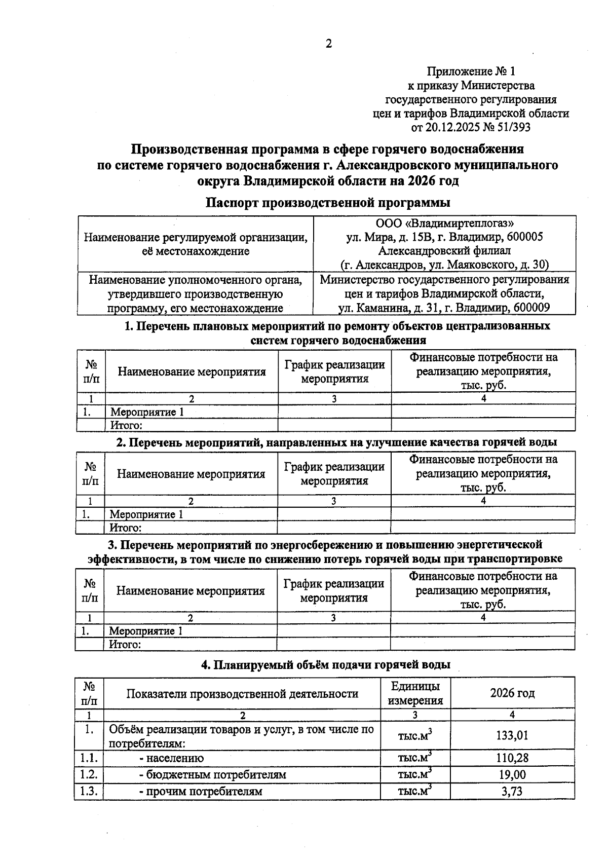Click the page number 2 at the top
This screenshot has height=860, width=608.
pos(328,44)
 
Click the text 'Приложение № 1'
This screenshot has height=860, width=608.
pos(471,71)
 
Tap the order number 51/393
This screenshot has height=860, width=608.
pos(512,127)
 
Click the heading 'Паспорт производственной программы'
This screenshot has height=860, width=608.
pos(328,203)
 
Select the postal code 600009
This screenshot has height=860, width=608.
pos(531,308)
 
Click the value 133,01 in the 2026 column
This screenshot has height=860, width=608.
pos(512,735)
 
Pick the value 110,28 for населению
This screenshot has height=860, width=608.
pos(512,758)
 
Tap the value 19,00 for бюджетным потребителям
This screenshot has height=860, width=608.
pos(512,774)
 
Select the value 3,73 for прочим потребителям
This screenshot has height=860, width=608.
pos(512,791)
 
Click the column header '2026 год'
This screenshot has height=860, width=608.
pos(512,693)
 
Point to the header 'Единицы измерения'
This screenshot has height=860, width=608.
pos(415,693)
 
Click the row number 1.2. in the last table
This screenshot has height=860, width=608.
pos(89,774)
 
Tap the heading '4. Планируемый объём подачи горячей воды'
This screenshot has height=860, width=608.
pos(326,665)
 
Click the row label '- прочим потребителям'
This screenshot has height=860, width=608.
pos(201,791)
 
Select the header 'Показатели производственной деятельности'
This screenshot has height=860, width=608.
pos(242,693)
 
